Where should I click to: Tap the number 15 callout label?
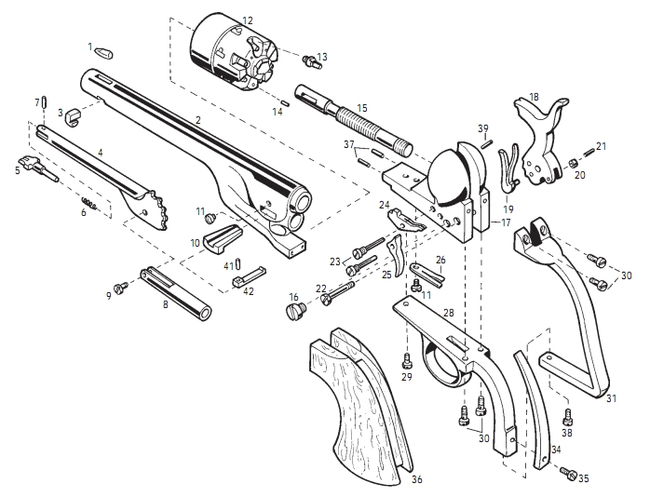click(x=362, y=108)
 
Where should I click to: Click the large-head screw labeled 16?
click(x=296, y=310)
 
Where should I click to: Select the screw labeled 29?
click(x=407, y=360)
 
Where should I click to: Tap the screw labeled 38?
click(x=567, y=417)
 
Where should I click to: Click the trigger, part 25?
click(x=396, y=255)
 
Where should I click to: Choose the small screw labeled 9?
click(x=122, y=287)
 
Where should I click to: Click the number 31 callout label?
click(x=611, y=398)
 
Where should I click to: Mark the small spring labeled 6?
click(x=90, y=203)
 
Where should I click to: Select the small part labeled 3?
click(x=72, y=114)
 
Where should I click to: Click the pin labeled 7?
click(x=46, y=101)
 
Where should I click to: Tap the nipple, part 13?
click(x=311, y=61)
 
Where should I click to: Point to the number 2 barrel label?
click(x=198, y=120)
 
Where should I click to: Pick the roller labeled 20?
click(x=573, y=163)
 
